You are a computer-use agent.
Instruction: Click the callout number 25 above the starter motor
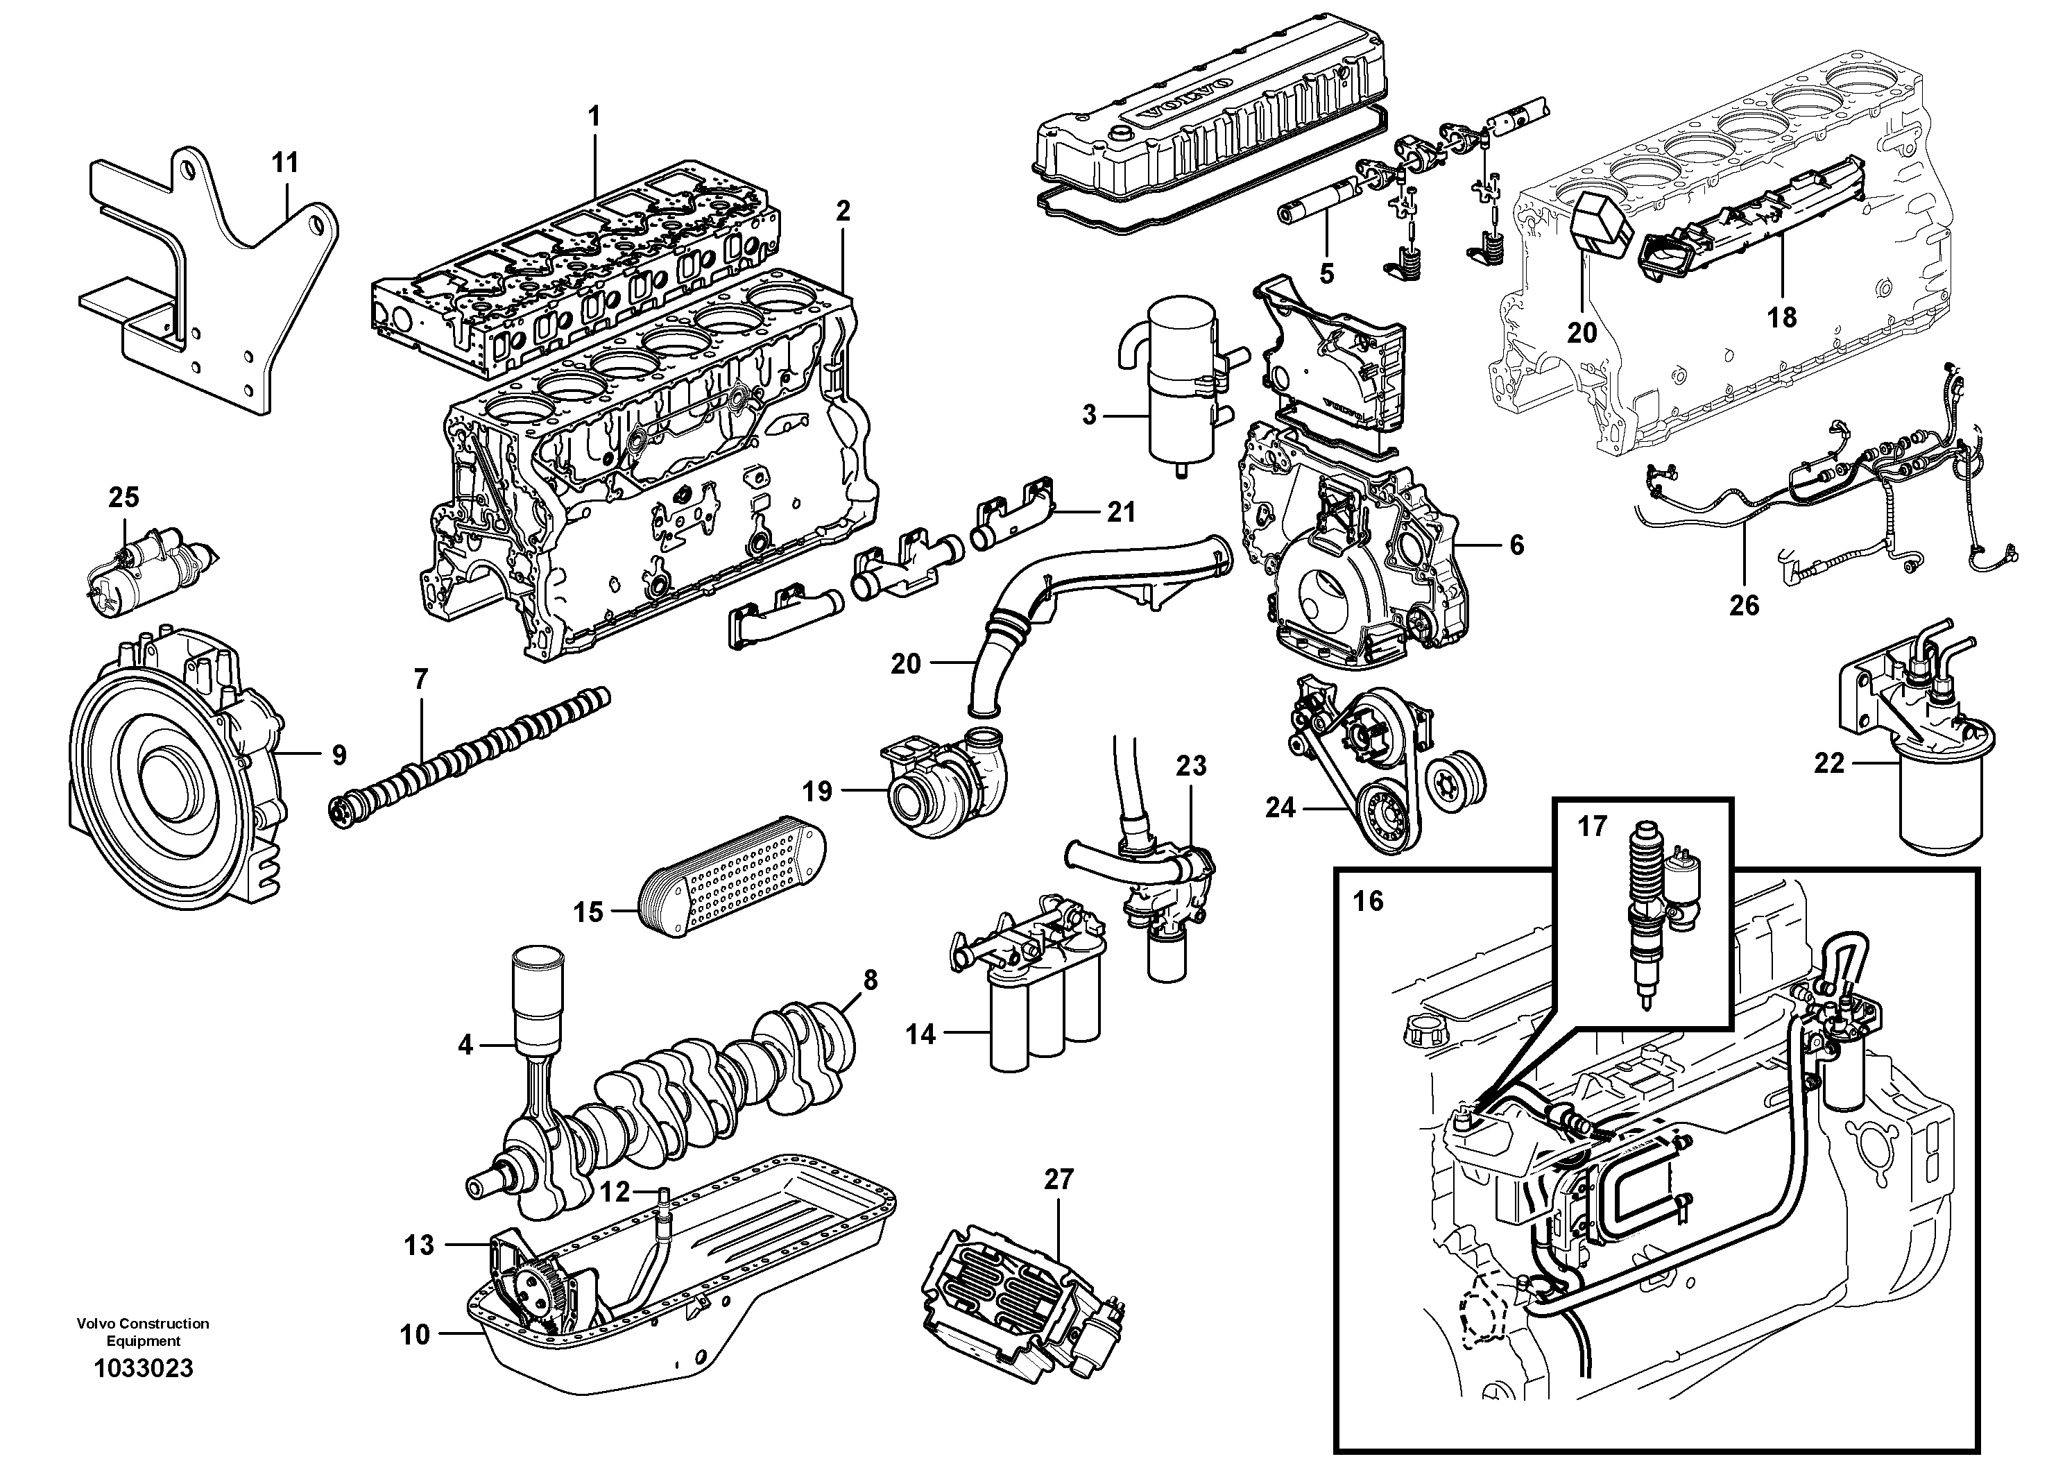124,497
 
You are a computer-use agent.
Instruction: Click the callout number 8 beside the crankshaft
870,980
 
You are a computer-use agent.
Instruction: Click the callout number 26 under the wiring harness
1744,606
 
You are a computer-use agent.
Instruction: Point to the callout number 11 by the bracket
285,163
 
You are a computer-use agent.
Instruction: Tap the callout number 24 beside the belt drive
1280,808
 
